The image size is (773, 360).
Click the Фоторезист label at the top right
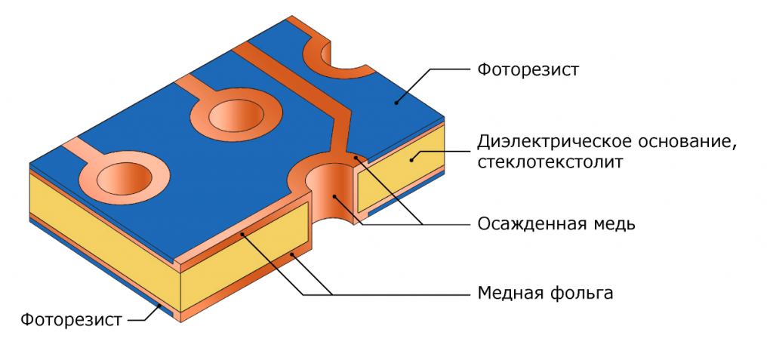point(528,70)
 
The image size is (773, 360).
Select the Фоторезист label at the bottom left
point(71,319)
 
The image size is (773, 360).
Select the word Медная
point(508,293)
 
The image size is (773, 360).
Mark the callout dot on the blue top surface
point(396,103)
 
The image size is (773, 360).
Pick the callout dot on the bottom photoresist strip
point(159,306)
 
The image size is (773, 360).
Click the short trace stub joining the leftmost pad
point(79,149)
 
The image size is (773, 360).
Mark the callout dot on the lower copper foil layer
point(293,254)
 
